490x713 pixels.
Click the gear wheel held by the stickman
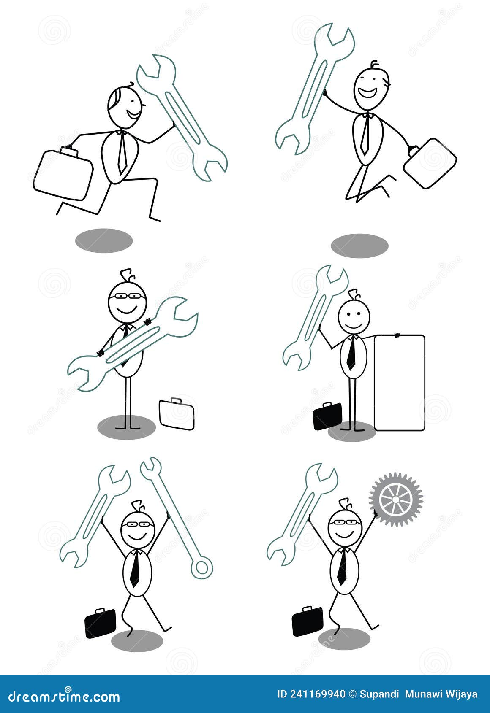pyautogui.click(x=396, y=500)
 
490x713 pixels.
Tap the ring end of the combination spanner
pyautogui.click(x=201, y=567)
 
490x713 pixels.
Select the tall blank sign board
pyautogui.click(x=399, y=383)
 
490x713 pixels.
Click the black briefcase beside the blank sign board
pyautogui.click(x=327, y=416)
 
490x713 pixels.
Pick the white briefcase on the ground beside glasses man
pyautogui.click(x=177, y=415)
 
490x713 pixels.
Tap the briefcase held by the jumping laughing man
pyautogui.click(x=430, y=163)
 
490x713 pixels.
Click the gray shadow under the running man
pyautogui.click(x=104, y=241)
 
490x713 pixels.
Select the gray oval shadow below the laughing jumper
pyautogui.click(x=359, y=246)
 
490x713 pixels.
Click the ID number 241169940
pyautogui.click(x=317, y=694)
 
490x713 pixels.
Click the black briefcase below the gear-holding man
pyautogui.click(x=307, y=621)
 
